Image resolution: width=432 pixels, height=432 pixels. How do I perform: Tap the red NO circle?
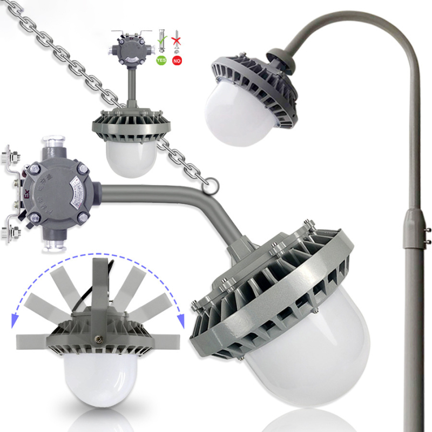click(177, 60)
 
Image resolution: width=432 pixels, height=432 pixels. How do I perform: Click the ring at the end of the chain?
click(211, 185)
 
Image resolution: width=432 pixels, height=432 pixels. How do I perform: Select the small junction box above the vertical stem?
click(130, 50)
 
